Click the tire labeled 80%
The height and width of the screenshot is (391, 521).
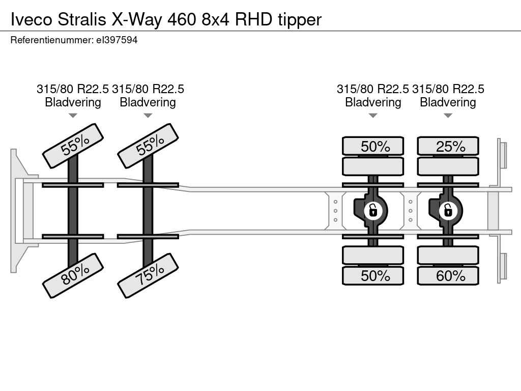click(x=73, y=275)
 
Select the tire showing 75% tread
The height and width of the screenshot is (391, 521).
click(x=148, y=275)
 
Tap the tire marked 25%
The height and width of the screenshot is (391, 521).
click(x=448, y=146)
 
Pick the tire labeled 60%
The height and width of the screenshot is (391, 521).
click(x=448, y=275)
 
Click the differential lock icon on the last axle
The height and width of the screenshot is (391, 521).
click(x=448, y=210)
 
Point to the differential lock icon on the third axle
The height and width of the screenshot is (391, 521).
click(x=373, y=210)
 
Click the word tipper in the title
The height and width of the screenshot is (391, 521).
click(x=300, y=20)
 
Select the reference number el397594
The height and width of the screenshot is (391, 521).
click(x=117, y=40)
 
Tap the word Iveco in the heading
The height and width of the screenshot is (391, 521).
click(x=32, y=20)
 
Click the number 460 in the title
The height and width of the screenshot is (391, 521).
click(x=182, y=20)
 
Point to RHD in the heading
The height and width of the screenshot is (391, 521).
click(x=254, y=20)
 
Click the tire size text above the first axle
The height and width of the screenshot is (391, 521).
click(x=73, y=89)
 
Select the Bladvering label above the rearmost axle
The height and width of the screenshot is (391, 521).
click(x=448, y=102)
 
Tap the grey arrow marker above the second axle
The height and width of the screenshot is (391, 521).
click(x=148, y=116)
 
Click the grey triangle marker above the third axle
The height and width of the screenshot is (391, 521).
click(x=373, y=116)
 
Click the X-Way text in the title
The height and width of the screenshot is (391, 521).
click(x=136, y=20)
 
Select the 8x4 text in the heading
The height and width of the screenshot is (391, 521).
click(x=216, y=20)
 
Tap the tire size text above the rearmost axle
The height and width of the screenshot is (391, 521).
click(x=448, y=89)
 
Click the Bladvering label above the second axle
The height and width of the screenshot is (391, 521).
click(x=148, y=102)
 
